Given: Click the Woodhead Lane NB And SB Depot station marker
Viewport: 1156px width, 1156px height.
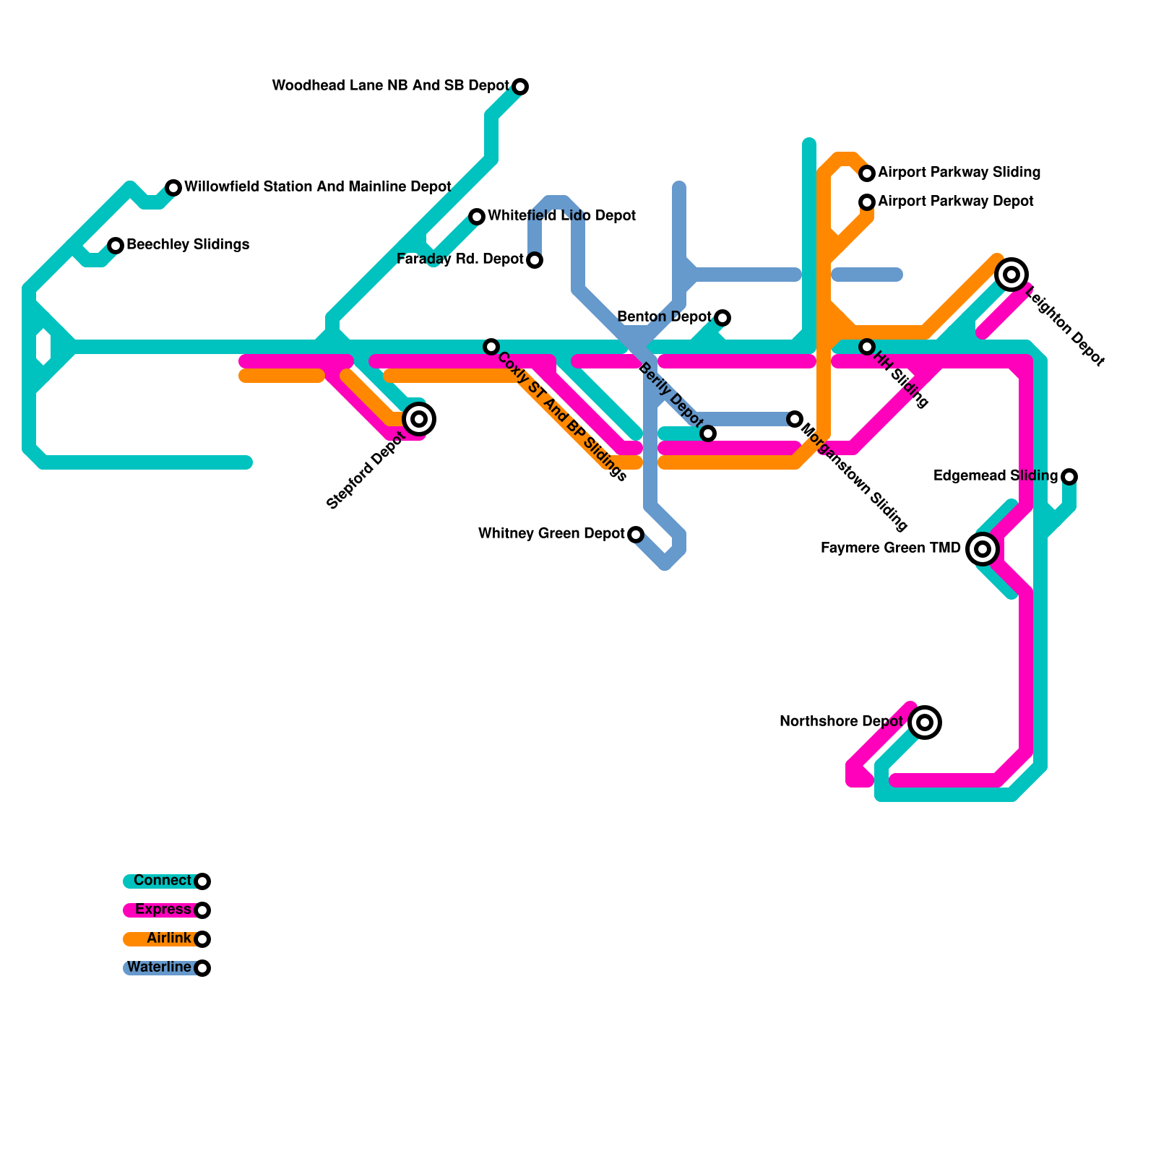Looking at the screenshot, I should [x=520, y=87].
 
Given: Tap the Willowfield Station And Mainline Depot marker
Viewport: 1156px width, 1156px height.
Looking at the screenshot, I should [x=173, y=188].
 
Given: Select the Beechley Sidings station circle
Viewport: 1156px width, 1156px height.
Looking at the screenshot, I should [x=116, y=246].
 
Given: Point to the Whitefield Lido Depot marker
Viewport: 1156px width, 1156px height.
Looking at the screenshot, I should [x=477, y=217].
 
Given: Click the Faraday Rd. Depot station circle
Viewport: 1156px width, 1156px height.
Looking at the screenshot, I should [x=535, y=260].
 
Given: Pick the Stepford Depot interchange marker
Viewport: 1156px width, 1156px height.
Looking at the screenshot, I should [x=419, y=419].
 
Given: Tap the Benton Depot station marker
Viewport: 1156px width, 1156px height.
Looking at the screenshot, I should [x=722, y=318].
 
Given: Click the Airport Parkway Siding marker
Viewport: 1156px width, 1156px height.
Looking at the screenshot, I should [x=867, y=173].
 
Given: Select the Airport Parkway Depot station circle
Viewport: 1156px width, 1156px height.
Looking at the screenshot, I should [x=867, y=202].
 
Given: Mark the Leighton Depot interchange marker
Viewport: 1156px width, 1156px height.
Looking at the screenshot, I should [x=1011, y=275].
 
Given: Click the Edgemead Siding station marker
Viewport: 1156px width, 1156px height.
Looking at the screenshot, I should [x=1069, y=477].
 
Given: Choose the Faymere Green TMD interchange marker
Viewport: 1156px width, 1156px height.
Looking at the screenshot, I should [x=983, y=549].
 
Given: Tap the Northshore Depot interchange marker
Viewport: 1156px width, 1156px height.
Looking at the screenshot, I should [x=925, y=722].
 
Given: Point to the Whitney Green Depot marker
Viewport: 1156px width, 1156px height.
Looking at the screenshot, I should [x=636, y=535].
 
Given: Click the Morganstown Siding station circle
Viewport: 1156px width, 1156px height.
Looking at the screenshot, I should [x=795, y=419].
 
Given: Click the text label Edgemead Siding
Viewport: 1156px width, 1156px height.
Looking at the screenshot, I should [x=995, y=476].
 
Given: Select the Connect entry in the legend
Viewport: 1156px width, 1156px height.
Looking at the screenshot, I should [x=163, y=881].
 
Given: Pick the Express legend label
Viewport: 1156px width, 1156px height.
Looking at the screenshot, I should [x=163, y=910].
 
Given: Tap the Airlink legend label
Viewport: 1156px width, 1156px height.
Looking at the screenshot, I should [x=168, y=939].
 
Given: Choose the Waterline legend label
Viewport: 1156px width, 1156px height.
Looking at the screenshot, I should [x=160, y=967].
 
